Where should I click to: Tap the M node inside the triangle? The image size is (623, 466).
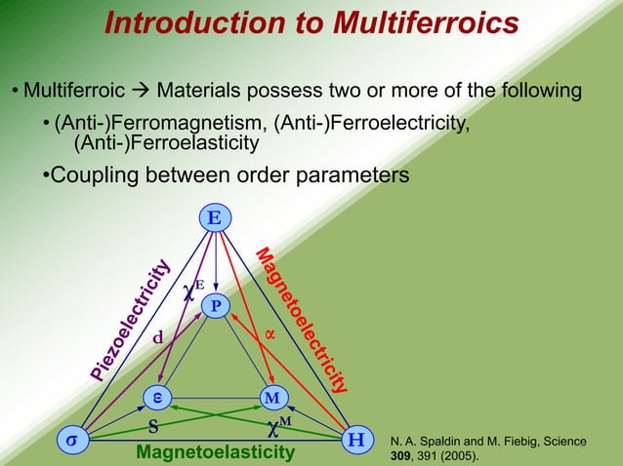(271, 398)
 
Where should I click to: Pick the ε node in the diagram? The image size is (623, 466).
(155, 398)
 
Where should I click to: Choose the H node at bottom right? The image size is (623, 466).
(357, 440)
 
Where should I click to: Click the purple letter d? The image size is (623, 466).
(156, 337)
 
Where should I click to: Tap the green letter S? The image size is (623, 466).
(152, 426)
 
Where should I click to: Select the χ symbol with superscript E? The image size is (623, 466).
(192, 289)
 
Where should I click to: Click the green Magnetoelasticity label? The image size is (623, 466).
(216, 453)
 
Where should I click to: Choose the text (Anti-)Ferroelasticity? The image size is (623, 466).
(167, 143)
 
